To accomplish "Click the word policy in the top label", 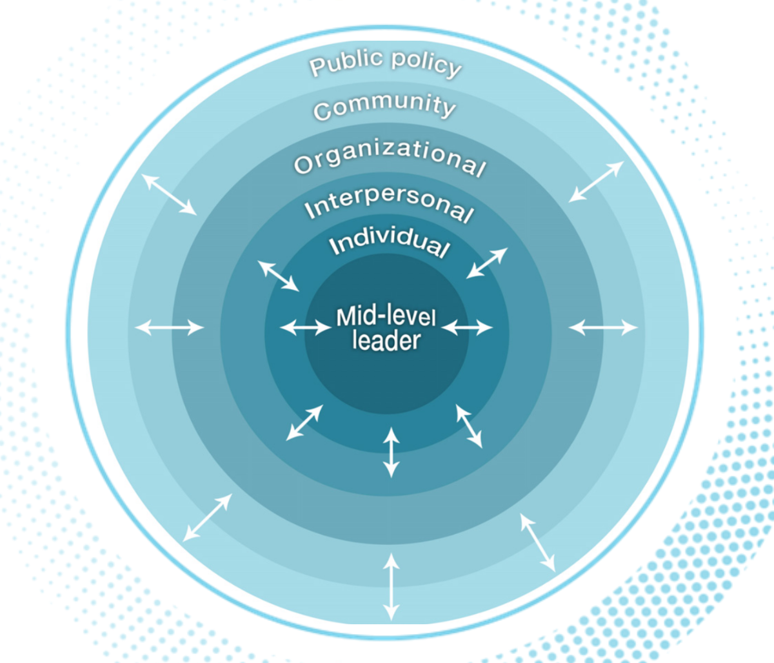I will point(426,63).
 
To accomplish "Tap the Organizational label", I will point(390,156).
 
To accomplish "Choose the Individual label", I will point(389,241).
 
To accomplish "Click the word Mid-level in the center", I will point(386,317).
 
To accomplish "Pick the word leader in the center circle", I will point(386,340).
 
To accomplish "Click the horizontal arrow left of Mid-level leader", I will point(306,327).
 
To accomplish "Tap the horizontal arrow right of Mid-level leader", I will point(467,327).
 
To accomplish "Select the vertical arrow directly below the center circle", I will point(391,453).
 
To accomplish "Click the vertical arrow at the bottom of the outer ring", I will point(391,586).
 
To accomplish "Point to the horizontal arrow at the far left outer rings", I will point(169,327).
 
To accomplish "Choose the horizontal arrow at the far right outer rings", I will point(603,327).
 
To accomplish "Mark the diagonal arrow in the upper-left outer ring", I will point(169,194).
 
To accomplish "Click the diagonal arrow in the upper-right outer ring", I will point(597,181).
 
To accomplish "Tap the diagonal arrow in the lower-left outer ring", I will point(207,518).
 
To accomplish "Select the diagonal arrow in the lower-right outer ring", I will point(538,543).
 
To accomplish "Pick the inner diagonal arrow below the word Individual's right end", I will point(487,263).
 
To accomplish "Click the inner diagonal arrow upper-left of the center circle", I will point(278,276).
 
